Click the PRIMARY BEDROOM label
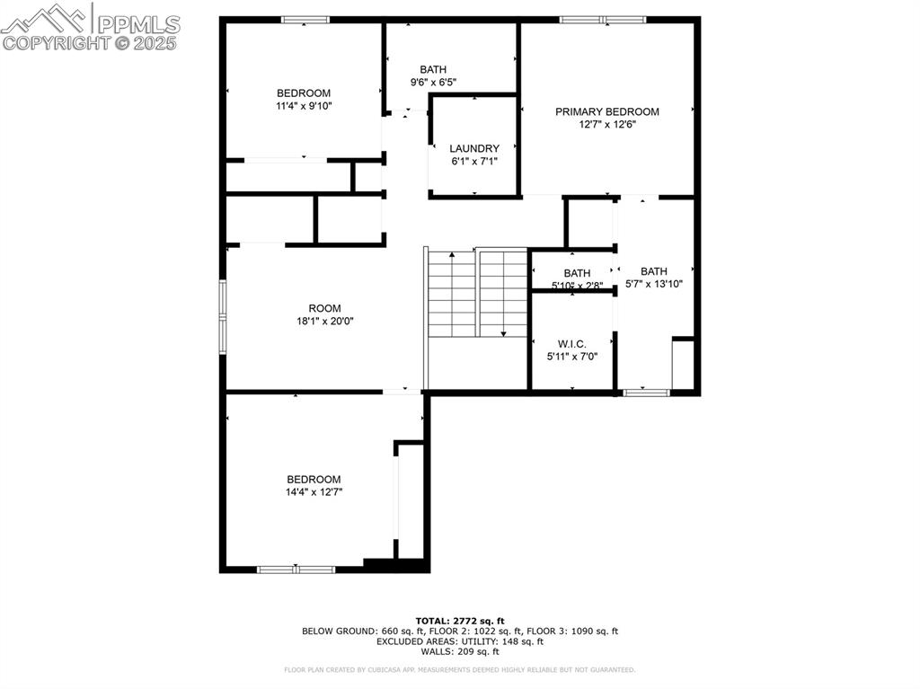click(606, 112)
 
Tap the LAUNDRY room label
click(474, 149)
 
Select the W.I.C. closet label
click(572, 344)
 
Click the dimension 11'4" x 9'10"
click(304, 106)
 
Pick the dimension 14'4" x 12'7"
click(314, 492)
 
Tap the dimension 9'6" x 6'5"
click(433, 83)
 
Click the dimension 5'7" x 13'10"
click(654, 284)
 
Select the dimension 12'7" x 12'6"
click(606, 125)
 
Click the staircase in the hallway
click(476, 294)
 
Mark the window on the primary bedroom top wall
click(603, 19)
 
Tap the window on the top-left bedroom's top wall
click(305, 19)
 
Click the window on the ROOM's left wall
click(223, 314)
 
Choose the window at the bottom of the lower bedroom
click(296, 569)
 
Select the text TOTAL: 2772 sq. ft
click(460, 621)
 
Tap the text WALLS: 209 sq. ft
click(460, 651)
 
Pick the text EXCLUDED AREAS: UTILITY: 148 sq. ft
click(460, 641)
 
